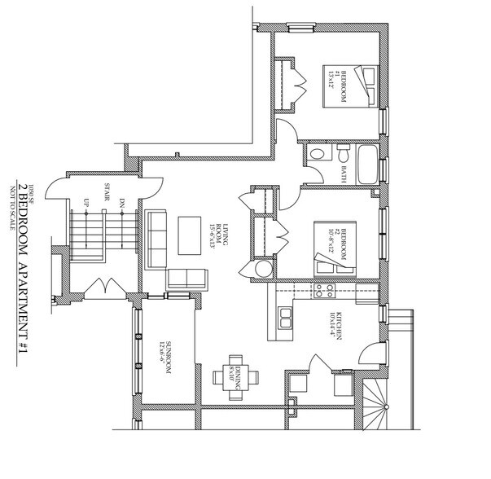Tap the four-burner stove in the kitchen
point(331,289)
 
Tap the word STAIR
point(107,193)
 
